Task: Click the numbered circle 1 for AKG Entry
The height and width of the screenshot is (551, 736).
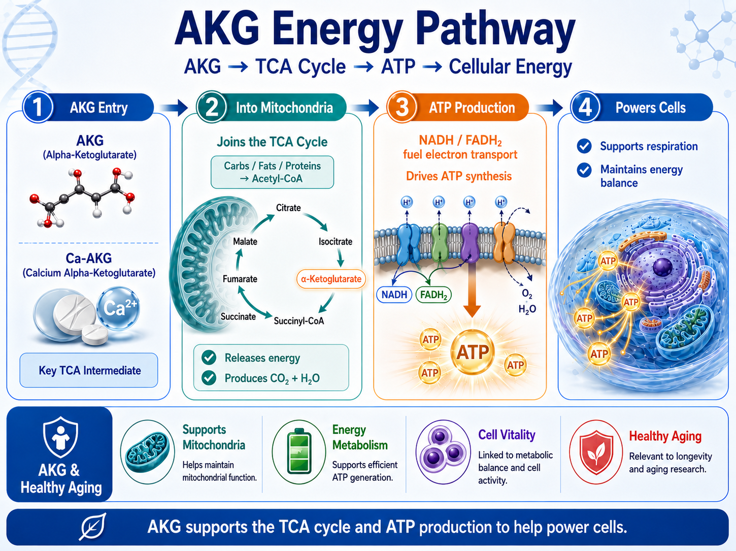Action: (x=38, y=107)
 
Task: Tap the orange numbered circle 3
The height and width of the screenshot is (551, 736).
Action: (x=402, y=107)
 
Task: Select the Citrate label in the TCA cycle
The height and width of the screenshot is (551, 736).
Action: (x=288, y=208)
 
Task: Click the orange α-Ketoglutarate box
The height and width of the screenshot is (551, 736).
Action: (x=331, y=279)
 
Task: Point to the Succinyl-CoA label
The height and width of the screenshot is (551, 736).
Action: (x=299, y=321)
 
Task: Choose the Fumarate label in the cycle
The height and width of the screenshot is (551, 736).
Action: (x=240, y=279)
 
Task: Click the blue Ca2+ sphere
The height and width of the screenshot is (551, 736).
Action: (x=118, y=308)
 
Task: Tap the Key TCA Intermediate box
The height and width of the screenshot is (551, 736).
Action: (x=89, y=370)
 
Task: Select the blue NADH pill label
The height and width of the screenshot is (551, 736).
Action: (x=394, y=295)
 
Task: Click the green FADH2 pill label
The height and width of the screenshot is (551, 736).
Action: (x=433, y=295)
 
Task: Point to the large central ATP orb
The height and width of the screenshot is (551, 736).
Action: (x=473, y=352)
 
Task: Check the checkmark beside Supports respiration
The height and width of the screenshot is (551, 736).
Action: (x=584, y=146)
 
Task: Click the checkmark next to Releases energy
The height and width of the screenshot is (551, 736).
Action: (x=209, y=358)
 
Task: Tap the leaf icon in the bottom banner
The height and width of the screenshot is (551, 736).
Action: (x=93, y=526)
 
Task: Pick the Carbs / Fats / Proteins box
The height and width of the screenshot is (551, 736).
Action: (x=272, y=172)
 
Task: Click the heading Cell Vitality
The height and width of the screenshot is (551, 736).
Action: (x=507, y=435)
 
